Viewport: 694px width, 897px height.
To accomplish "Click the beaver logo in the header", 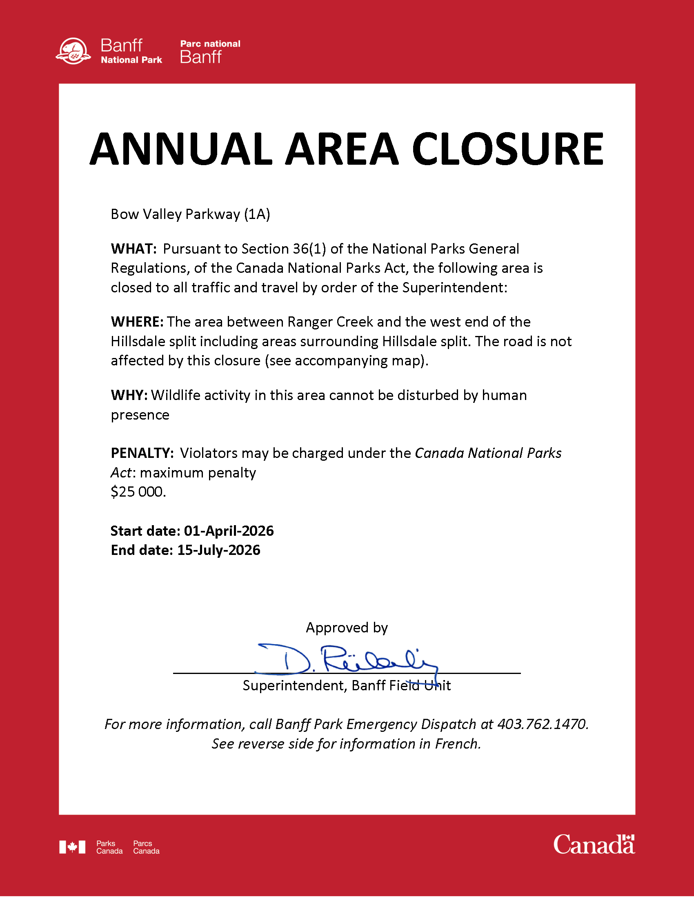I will pos(73,51).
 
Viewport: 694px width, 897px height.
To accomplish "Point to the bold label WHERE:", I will pos(137,322).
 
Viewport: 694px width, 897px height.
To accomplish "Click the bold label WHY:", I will pos(129,395).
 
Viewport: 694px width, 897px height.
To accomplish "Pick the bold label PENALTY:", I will pos(142,453).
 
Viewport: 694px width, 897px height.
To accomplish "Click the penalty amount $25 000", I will pos(138,492).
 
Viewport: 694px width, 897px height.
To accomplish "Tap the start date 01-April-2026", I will pos(229,531).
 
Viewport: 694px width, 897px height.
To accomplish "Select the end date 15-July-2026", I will pos(219,550).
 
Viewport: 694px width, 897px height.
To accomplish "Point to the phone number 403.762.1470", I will pos(542,724).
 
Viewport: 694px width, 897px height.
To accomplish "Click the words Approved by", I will pos(347,627).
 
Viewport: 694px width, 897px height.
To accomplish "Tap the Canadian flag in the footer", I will pos(72,847).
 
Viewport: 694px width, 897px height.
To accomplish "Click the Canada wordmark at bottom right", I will pos(594,845).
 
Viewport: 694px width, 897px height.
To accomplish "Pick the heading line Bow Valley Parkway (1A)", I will pos(190,214).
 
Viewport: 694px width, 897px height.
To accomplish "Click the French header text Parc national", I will pos(210,44).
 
